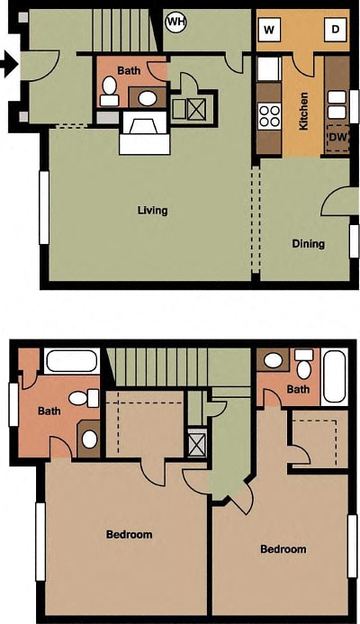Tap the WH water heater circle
tap(175, 21)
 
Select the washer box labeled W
tap(269, 30)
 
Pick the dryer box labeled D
tap(335, 30)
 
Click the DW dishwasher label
tap(337, 137)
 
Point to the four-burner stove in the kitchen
tap(269, 115)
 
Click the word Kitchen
tap(304, 111)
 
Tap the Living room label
tap(152, 211)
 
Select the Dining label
tap(308, 244)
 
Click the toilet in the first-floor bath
tap(111, 87)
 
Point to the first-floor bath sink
tap(146, 98)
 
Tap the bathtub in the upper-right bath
tap(333, 377)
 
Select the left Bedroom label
tap(129, 534)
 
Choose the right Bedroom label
tap(283, 549)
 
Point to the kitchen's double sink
tap(337, 98)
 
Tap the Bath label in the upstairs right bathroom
tap(298, 389)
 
